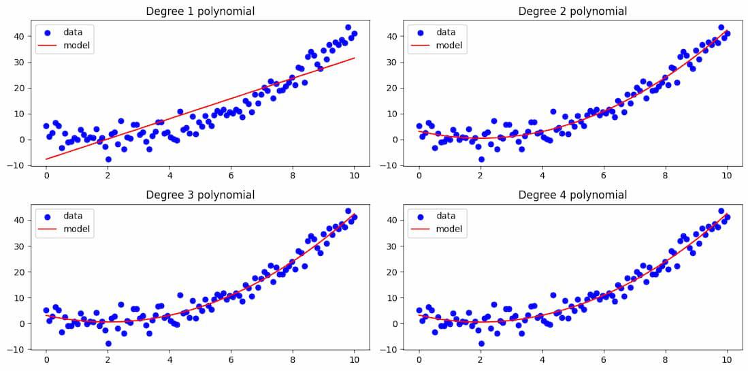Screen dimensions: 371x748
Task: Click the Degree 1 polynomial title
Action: pos(200,11)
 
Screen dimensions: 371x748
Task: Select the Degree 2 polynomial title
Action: pos(572,11)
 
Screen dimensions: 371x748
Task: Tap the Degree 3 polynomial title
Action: pos(200,195)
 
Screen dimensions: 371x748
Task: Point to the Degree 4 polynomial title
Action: pos(572,195)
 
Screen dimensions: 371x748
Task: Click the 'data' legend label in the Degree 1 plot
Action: pos(73,32)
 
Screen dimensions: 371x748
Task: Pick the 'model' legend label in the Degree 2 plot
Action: pos(449,46)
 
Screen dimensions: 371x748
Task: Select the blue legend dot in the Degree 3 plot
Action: pos(47,216)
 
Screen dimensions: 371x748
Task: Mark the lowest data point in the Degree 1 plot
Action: pos(108,159)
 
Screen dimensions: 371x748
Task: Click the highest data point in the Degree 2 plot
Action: pos(721,28)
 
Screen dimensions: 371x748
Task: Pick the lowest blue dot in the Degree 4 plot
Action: pos(481,343)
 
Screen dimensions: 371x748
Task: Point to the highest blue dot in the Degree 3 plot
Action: pos(348,211)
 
